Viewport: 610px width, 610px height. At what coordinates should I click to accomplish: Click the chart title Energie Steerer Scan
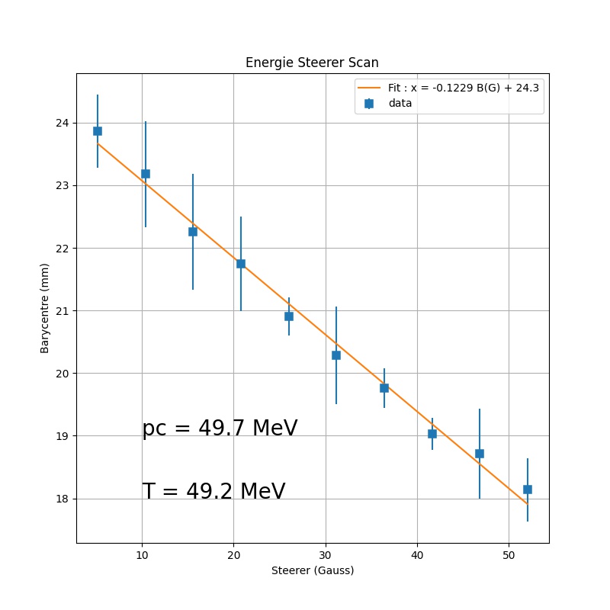(x=312, y=63)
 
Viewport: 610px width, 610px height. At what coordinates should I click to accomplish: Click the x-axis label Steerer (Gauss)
(x=313, y=570)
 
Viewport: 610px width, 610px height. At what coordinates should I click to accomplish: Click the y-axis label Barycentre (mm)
(x=45, y=308)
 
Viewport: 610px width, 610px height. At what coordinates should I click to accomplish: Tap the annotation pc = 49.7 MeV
(x=220, y=429)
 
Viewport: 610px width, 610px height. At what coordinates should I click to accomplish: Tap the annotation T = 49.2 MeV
(x=213, y=492)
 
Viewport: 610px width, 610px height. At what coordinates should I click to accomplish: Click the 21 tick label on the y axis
(x=63, y=311)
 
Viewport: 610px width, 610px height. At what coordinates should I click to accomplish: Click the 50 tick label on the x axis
(x=509, y=554)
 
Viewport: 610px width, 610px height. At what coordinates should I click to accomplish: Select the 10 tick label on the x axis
(x=142, y=554)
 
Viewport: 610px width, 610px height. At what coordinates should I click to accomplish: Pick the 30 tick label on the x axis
(x=326, y=554)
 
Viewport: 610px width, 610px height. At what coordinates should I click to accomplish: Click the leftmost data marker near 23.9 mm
(x=98, y=131)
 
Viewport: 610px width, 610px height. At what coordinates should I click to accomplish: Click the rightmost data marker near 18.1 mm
(x=528, y=490)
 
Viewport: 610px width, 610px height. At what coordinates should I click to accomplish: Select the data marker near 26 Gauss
(x=289, y=316)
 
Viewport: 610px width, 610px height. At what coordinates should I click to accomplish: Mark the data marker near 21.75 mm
(x=241, y=264)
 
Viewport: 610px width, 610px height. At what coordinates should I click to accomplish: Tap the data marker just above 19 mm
(x=432, y=434)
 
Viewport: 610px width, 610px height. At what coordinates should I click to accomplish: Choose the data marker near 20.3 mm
(x=336, y=355)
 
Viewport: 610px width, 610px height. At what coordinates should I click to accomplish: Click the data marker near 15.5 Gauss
(x=193, y=232)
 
